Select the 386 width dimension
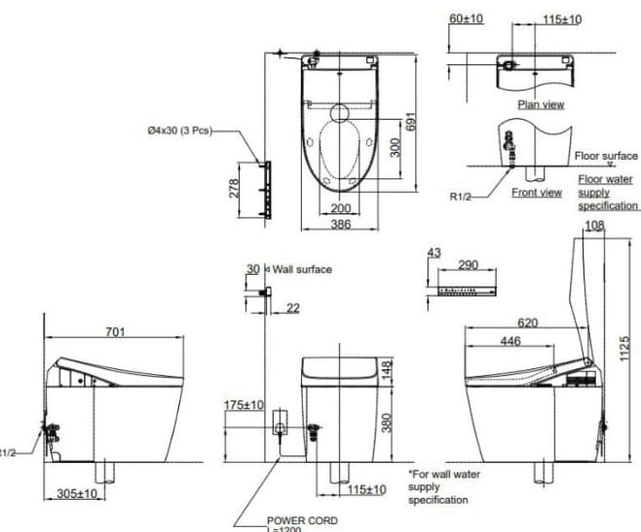click(x=339, y=225)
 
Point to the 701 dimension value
click(x=115, y=332)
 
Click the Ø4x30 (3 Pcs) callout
click(x=178, y=130)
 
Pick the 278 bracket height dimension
click(x=234, y=187)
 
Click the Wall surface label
click(x=301, y=269)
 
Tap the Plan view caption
click(x=541, y=104)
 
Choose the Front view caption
click(x=537, y=192)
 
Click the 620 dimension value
click(x=528, y=323)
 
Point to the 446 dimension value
click(x=509, y=341)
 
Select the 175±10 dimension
click(x=244, y=404)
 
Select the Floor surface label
click(x=606, y=155)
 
